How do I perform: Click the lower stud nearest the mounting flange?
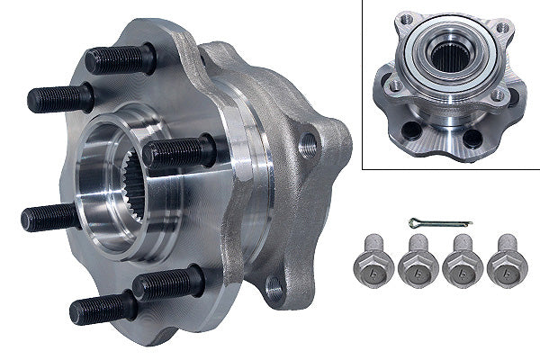(167, 285)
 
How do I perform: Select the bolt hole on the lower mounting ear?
(274, 286)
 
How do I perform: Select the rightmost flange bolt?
(506, 262)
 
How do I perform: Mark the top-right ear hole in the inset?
(501, 28)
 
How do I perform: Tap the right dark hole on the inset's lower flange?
(471, 138)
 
